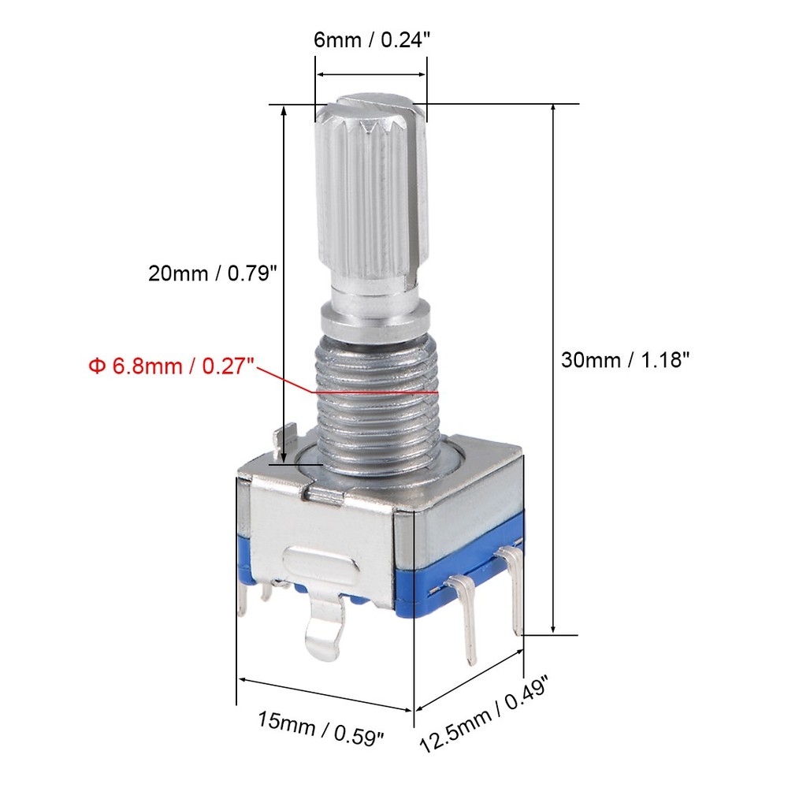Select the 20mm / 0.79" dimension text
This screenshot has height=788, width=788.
[x=213, y=273]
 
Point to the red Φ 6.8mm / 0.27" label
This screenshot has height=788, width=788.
[x=171, y=366]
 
